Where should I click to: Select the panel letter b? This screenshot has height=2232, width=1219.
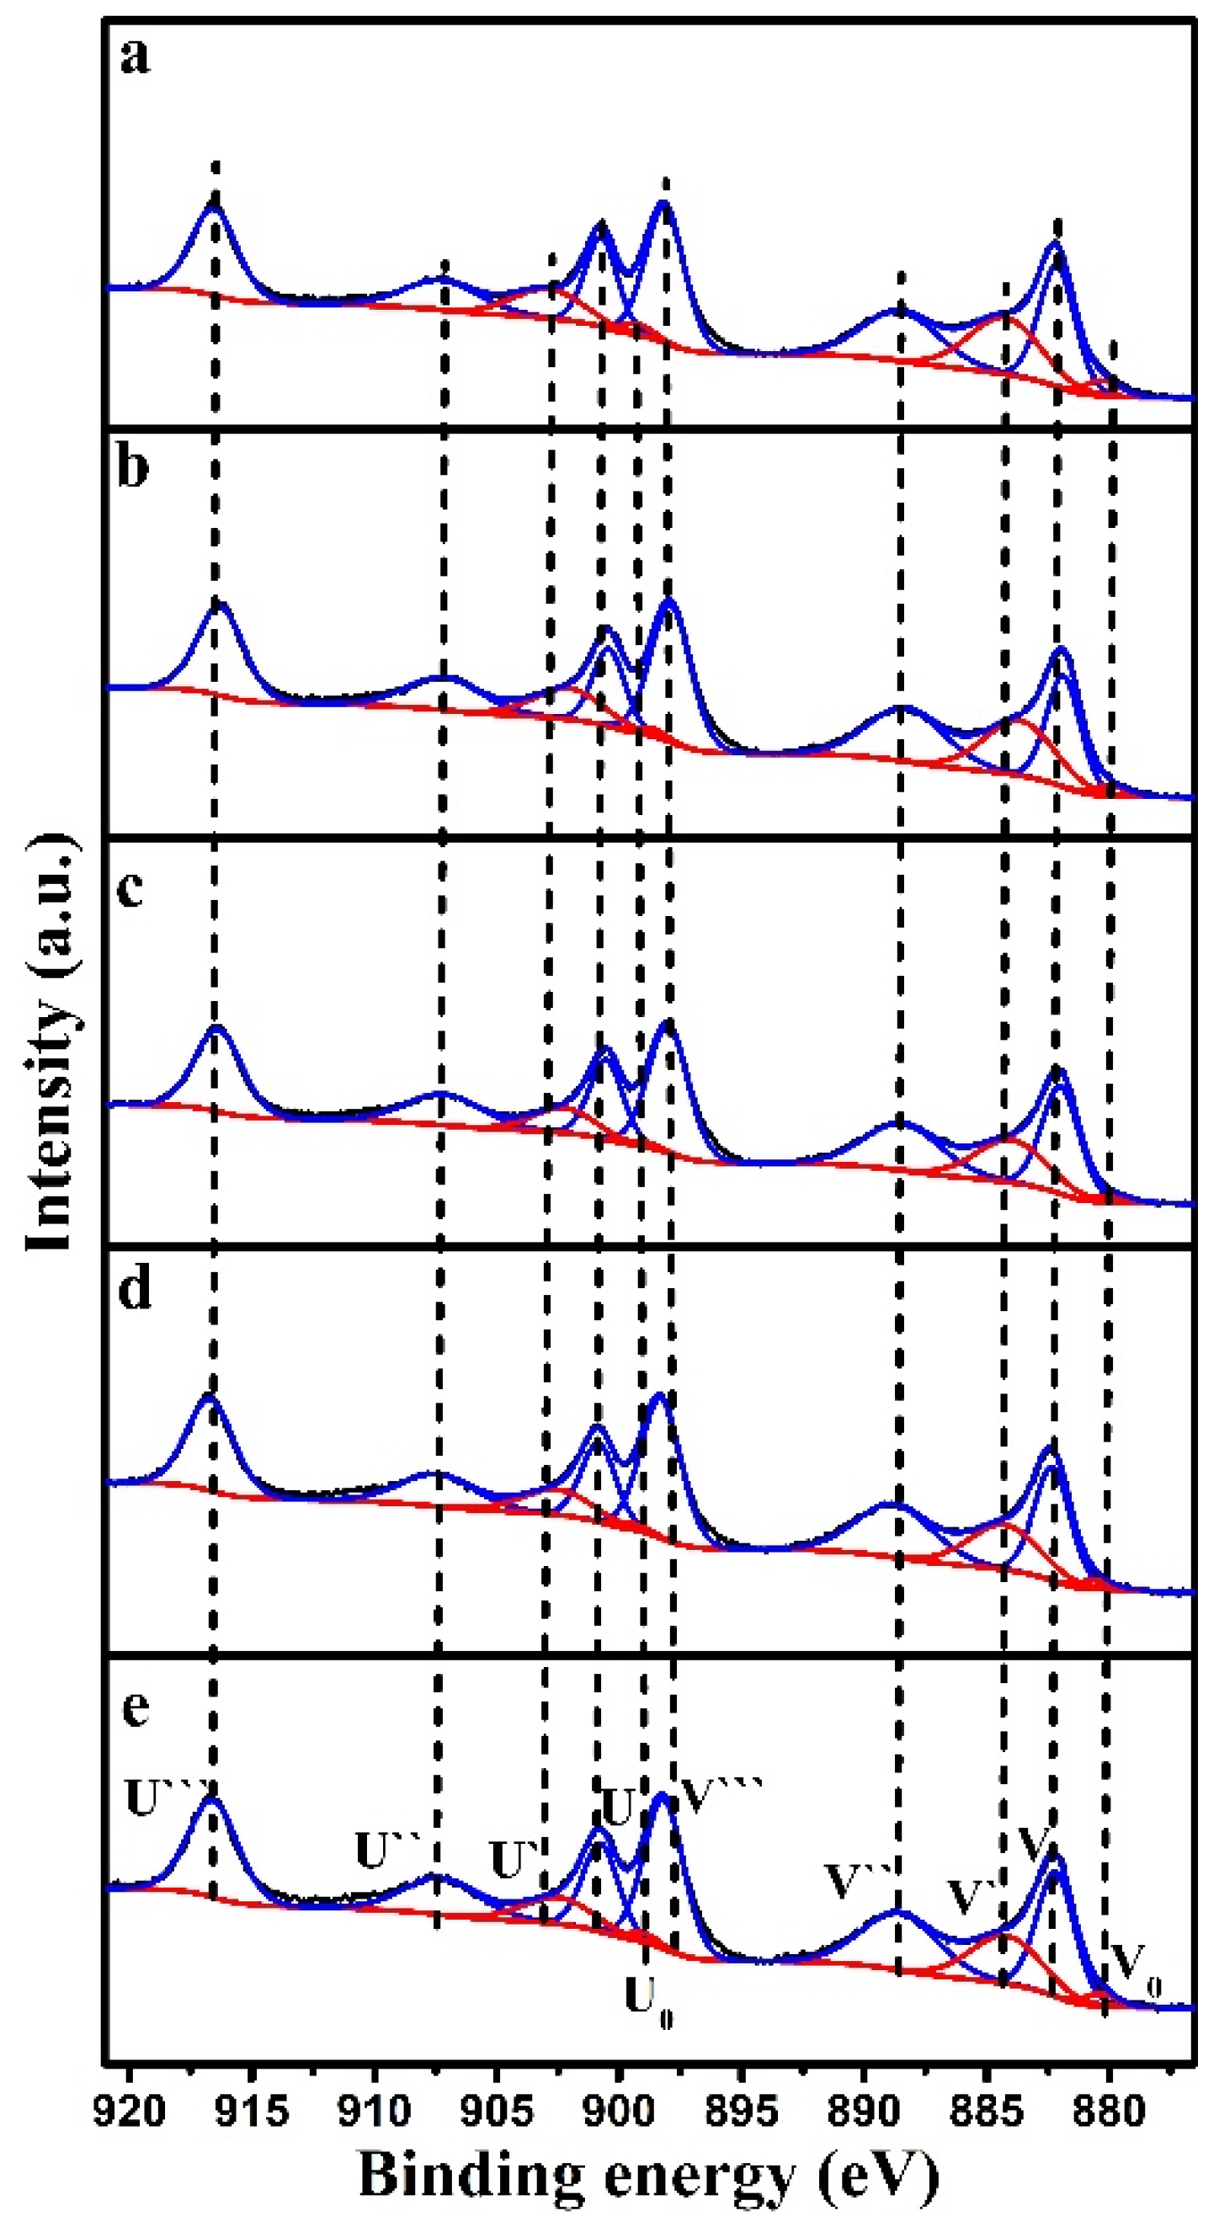(133, 468)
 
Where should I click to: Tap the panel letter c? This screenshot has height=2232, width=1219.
(130, 888)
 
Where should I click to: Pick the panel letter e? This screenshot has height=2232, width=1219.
(136, 1707)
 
